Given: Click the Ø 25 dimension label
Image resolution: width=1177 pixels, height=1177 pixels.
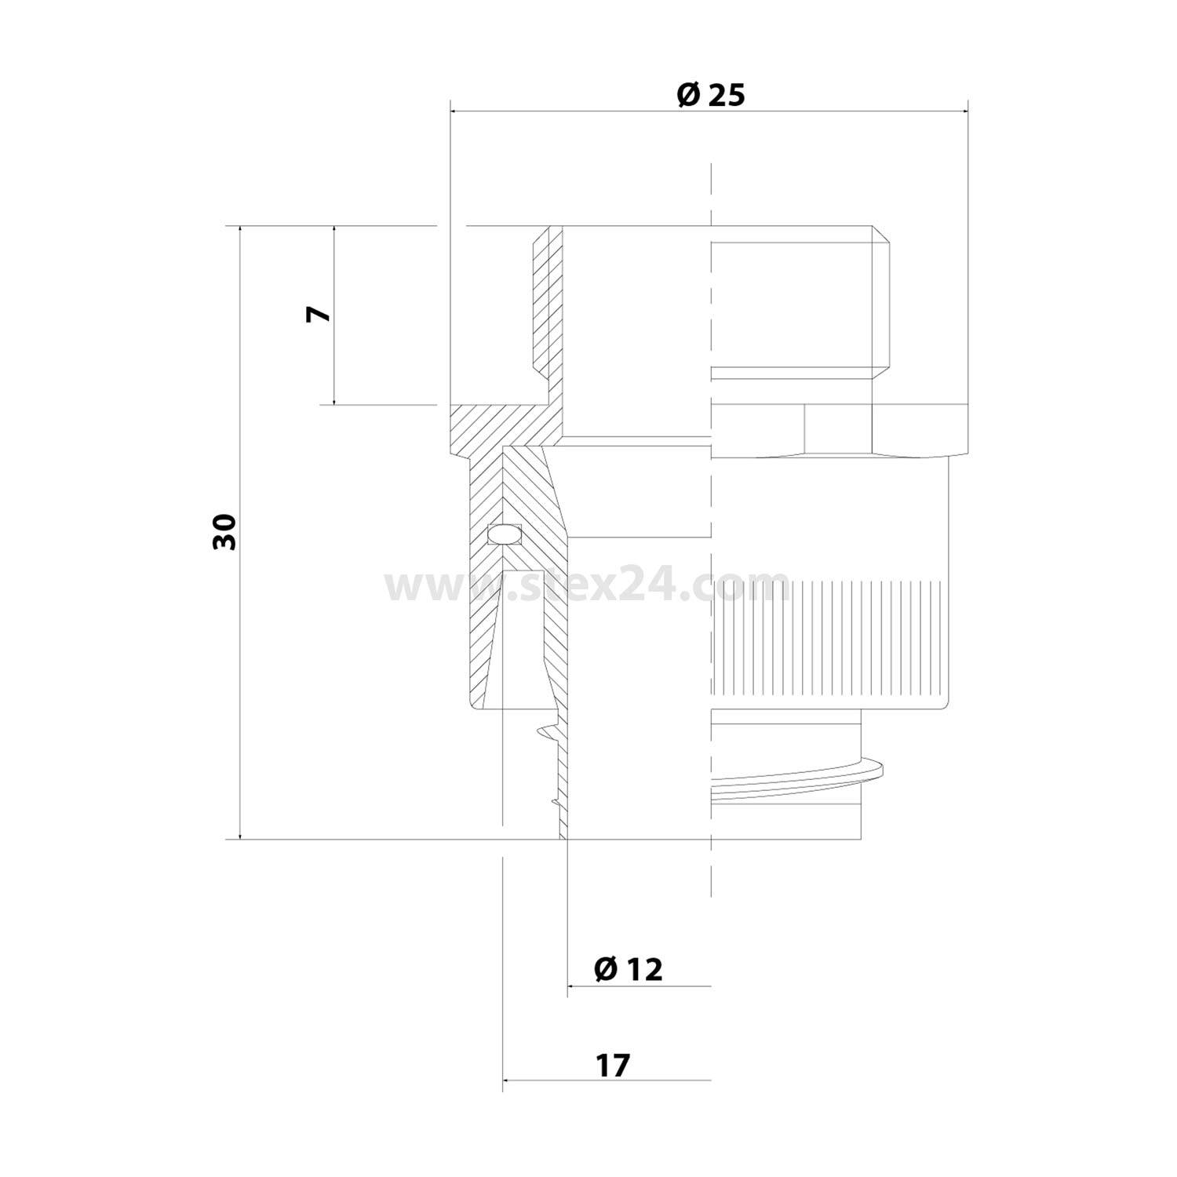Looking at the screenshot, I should click(x=709, y=95).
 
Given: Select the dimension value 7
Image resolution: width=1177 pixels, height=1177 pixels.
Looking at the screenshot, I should click(x=319, y=315).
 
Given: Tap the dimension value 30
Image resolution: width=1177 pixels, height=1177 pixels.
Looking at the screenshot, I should click(x=224, y=532).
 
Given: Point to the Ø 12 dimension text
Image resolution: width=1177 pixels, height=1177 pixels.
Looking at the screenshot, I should click(x=628, y=969).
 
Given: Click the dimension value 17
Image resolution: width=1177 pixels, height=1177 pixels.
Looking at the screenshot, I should click(x=613, y=1066).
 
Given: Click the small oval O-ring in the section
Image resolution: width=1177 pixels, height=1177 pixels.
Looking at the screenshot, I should click(x=503, y=535).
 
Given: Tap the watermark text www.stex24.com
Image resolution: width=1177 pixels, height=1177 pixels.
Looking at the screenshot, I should click(x=587, y=585).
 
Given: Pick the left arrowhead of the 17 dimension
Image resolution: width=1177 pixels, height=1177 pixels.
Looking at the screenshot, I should click(x=507, y=1080).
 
